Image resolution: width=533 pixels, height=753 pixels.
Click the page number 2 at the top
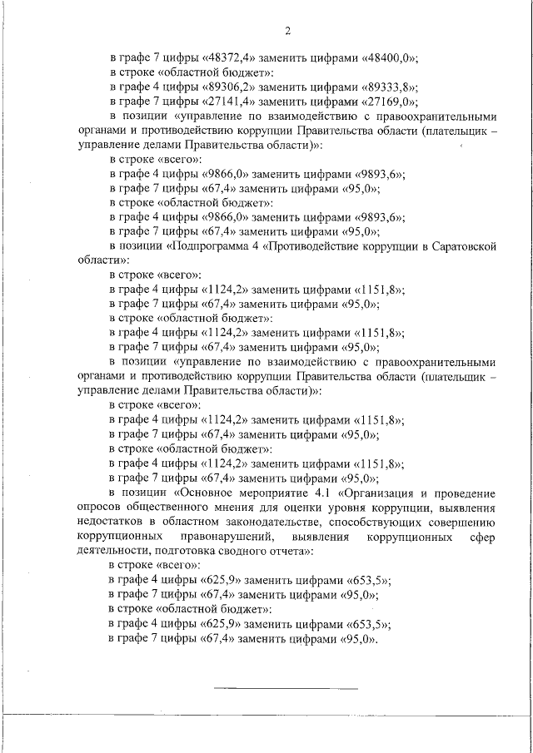tap(286, 32)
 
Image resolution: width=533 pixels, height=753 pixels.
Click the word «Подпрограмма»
tap(216, 246)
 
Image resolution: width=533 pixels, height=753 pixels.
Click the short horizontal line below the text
tap(286, 688)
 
